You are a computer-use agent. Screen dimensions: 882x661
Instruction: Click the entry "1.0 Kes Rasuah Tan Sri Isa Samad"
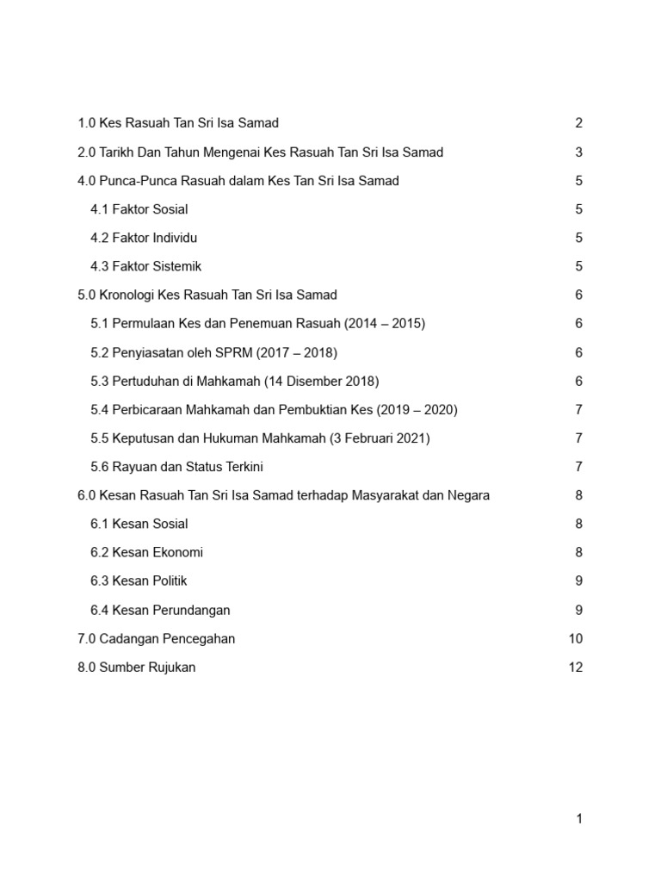click(x=178, y=123)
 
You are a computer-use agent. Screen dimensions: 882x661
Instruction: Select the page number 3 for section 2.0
click(x=579, y=152)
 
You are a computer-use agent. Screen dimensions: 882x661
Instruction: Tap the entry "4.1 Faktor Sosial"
click(x=139, y=209)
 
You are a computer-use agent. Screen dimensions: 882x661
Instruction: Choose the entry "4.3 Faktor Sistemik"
click(x=145, y=266)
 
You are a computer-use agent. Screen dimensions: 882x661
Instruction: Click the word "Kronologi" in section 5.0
click(x=128, y=295)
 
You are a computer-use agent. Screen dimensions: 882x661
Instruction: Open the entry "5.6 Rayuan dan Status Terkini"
click(x=176, y=467)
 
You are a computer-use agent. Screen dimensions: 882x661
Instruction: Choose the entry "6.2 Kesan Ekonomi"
click(x=146, y=552)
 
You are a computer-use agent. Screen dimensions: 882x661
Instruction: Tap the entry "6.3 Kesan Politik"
click(x=139, y=581)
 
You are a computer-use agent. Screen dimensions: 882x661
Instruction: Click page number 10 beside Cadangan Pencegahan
click(x=576, y=638)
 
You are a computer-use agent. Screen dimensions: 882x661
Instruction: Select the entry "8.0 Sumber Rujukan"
click(x=137, y=668)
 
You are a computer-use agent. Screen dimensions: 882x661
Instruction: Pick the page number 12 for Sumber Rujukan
click(x=576, y=668)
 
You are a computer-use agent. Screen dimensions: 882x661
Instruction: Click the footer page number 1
click(x=579, y=819)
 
